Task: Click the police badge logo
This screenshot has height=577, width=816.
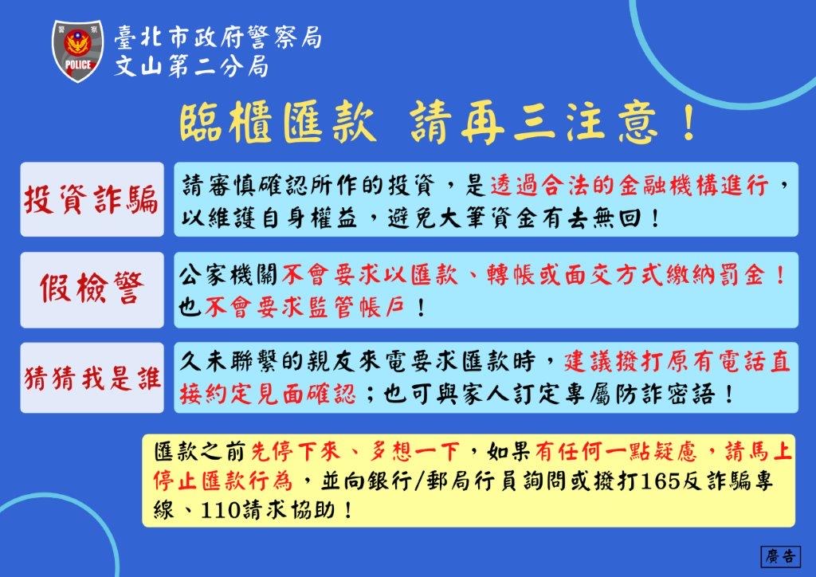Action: click(x=78, y=51)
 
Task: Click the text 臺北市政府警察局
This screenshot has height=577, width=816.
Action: click(x=218, y=37)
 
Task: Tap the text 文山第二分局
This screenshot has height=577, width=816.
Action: click(x=191, y=67)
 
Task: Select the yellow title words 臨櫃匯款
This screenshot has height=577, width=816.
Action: click(x=278, y=124)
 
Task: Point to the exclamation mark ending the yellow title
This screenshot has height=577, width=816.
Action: click(x=689, y=124)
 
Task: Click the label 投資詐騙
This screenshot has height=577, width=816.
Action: click(x=92, y=199)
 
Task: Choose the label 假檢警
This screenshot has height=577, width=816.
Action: click(x=92, y=288)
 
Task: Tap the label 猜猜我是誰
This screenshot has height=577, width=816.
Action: click(x=92, y=379)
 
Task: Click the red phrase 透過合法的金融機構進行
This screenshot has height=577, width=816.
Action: click(x=630, y=185)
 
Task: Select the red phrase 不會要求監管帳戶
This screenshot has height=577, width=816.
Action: click(x=305, y=308)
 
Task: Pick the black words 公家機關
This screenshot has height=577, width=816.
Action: click(x=229, y=275)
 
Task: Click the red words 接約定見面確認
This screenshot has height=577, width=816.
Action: click(x=268, y=394)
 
